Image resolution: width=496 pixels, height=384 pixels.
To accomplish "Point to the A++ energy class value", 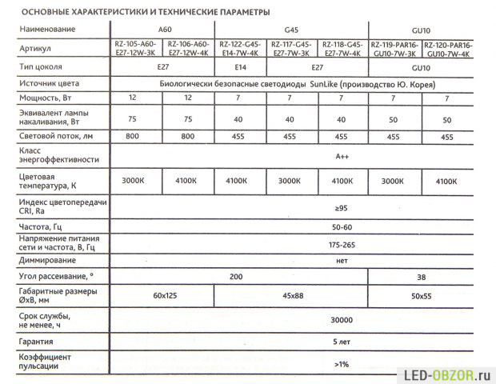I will coord(342,157).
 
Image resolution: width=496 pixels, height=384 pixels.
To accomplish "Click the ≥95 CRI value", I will coord(342,210).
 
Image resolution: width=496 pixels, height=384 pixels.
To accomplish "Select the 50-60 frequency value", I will coord(342,227).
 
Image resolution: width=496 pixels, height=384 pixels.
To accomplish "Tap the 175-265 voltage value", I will coord(342,243).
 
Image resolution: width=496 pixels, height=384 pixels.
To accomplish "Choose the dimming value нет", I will coord(342,260).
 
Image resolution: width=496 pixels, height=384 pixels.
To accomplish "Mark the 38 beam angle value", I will coord(421,276).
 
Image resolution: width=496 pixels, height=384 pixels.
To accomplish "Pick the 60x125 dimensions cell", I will coord(164,295).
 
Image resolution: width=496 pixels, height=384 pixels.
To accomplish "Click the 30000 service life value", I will coord(342,319).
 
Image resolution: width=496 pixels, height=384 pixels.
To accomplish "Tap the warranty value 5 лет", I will coord(342,341).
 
